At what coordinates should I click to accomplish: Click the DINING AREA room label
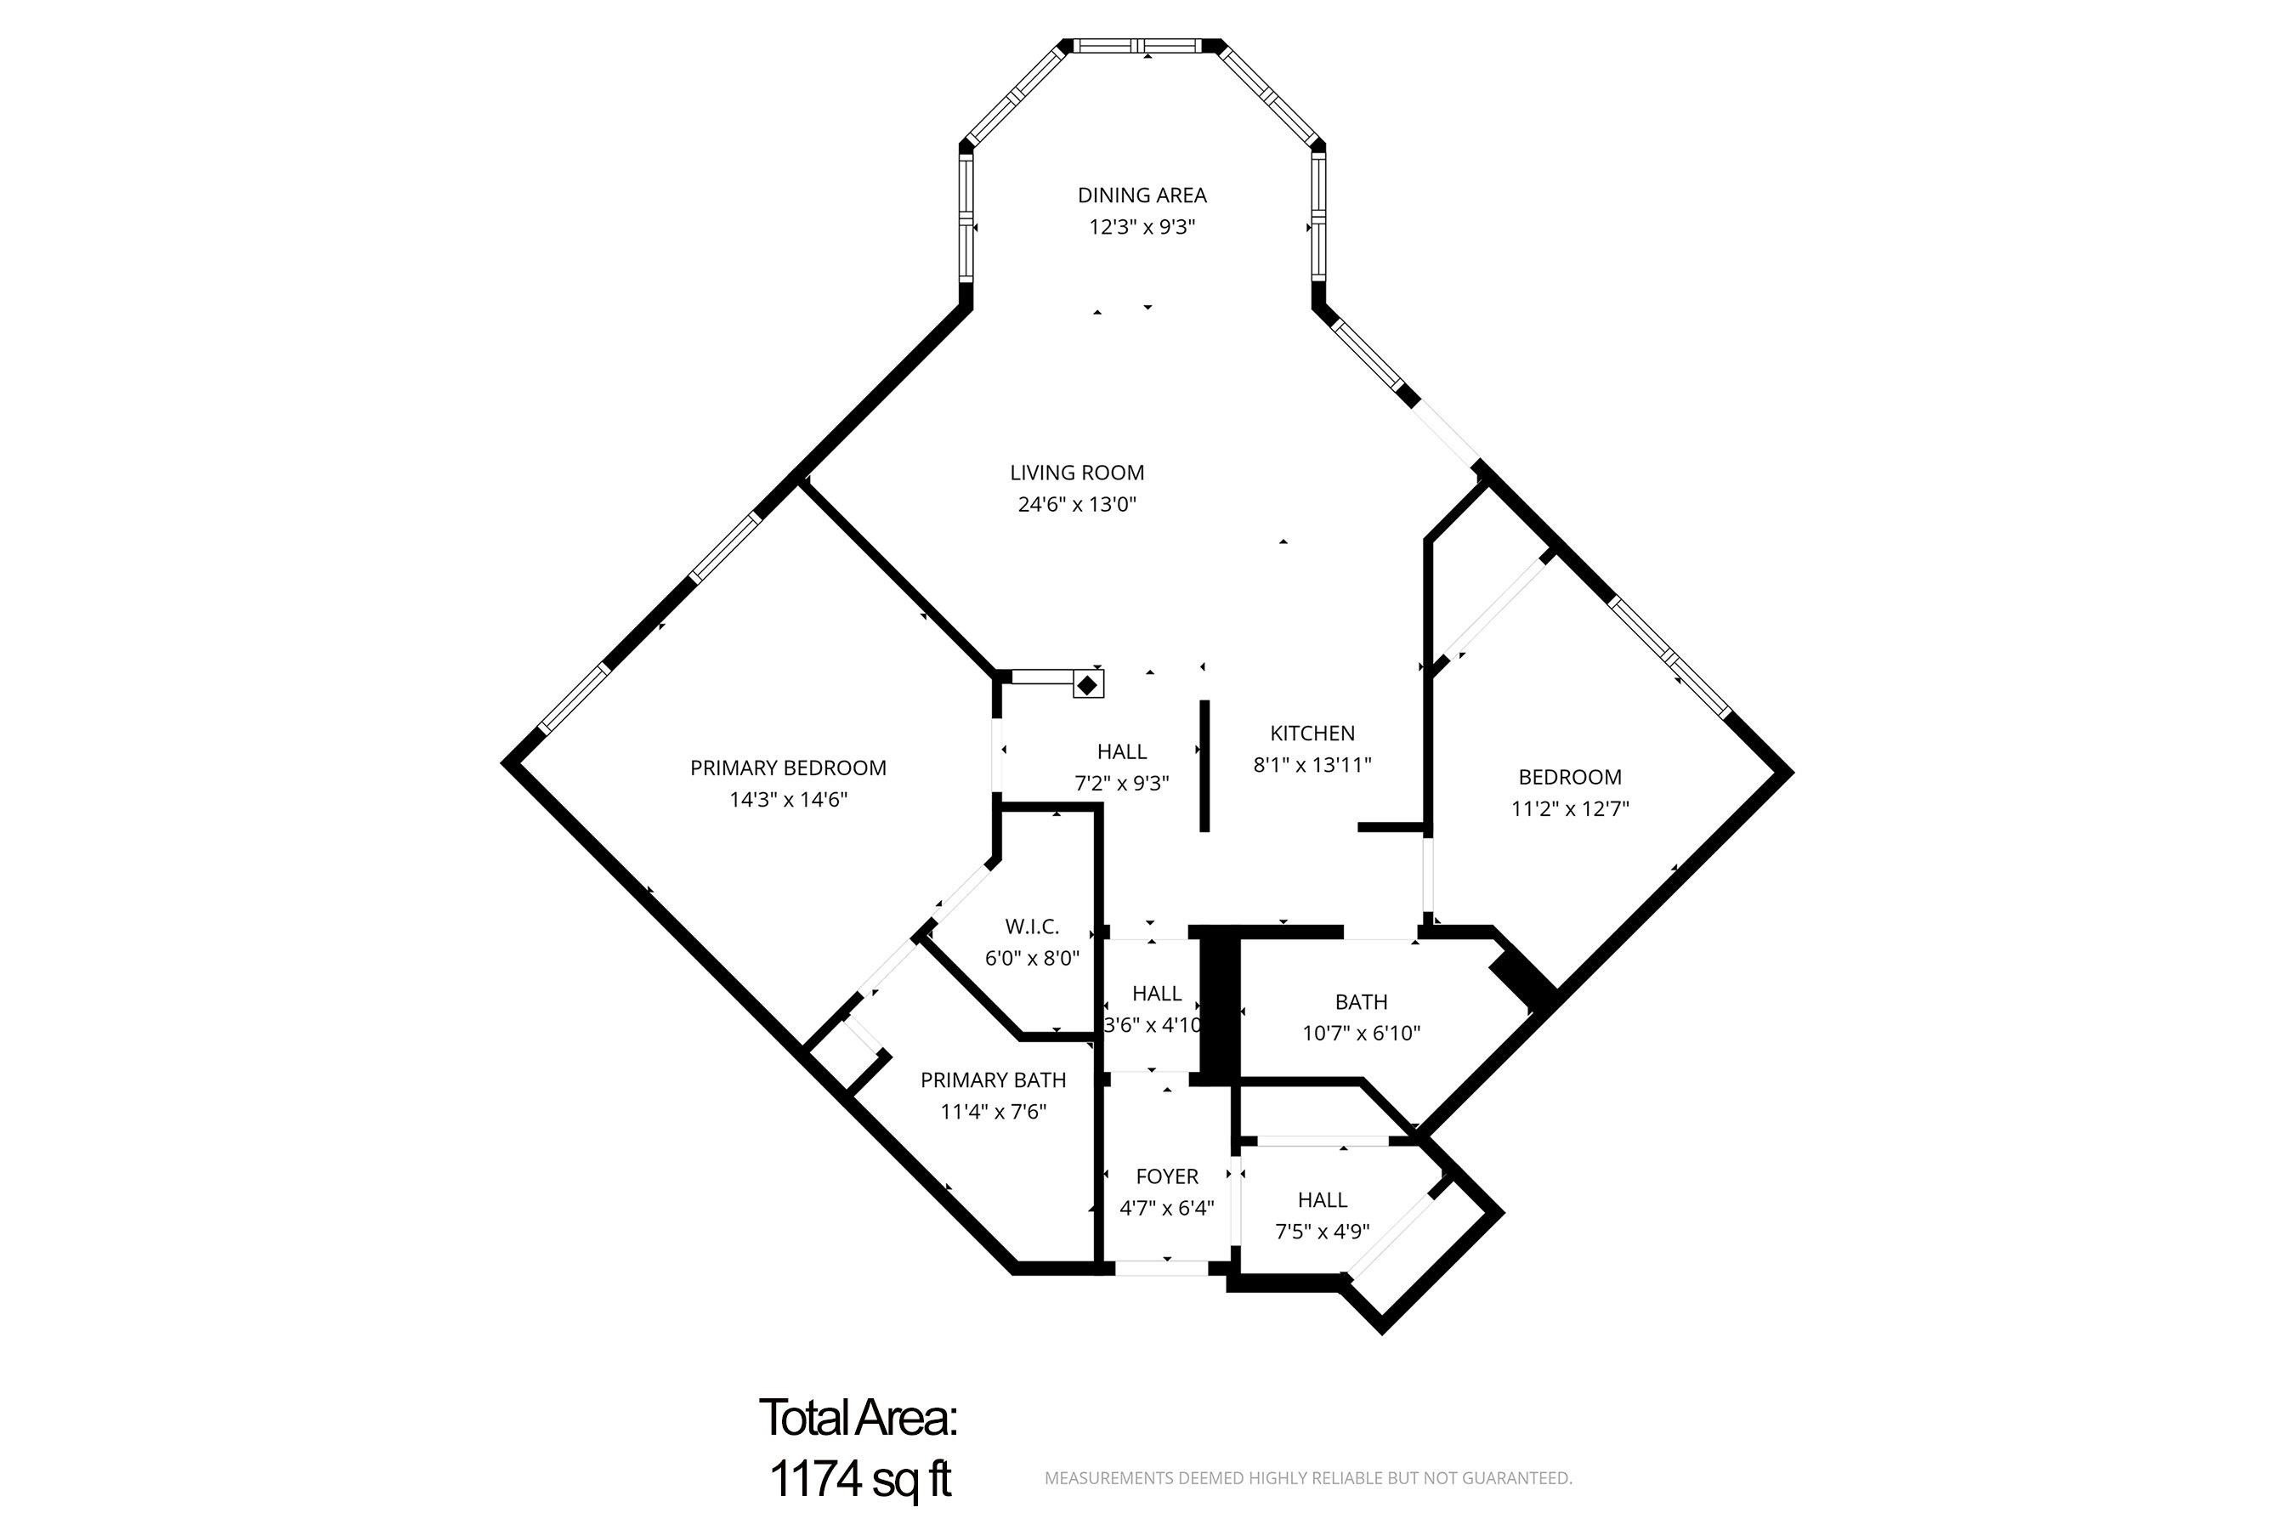(x=1142, y=195)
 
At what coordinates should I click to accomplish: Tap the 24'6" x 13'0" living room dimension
(x=1077, y=504)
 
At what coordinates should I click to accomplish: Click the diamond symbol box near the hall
(x=1088, y=683)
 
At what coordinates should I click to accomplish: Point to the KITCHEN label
(x=1312, y=733)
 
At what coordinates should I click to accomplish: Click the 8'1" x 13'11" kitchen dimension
(x=1312, y=765)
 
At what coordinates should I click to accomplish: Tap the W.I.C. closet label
(x=1031, y=926)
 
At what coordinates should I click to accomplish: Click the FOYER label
(x=1166, y=1176)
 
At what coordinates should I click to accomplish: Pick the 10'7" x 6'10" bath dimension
(x=1360, y=1034)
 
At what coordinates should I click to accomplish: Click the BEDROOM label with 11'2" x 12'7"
(x=1569, y=777)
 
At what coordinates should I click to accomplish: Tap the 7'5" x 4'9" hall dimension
(x=1321, y=1232)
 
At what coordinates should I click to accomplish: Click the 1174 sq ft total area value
(x=859, y=1478)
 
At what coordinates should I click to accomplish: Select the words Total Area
(x=858, y=1418)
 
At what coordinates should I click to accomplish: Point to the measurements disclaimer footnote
(x=1307, y=1478)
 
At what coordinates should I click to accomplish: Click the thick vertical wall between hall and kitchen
(x=1204, y=766)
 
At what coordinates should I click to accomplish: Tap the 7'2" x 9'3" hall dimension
(x=1121, y=783)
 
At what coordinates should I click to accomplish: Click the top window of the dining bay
(x=1142, y=45)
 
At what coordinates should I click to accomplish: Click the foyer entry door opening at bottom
(x=1161, y=1268)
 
